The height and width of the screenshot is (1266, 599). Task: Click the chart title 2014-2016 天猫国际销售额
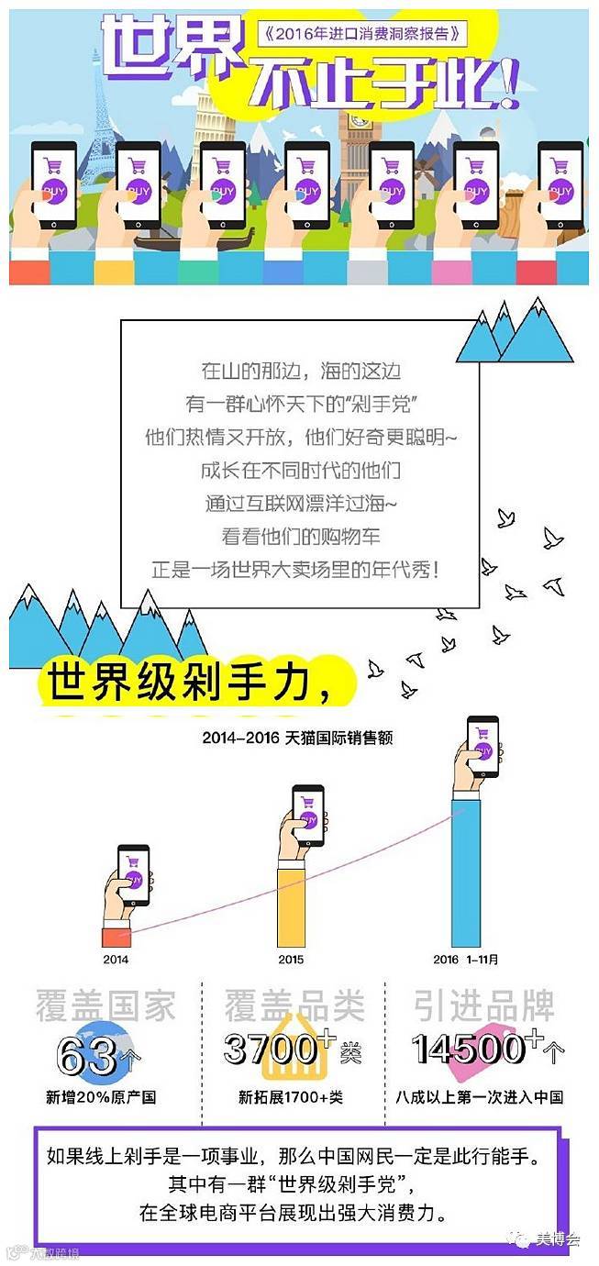coord(298,737)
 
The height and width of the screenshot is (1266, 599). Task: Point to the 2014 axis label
coord(116,960)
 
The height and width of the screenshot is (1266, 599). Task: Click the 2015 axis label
coord(292,960)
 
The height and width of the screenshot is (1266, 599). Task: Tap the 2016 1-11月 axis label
coord(465,960)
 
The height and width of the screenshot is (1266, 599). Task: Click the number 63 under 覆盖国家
coord(88,1055)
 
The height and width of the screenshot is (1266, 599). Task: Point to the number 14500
coord(468,1049)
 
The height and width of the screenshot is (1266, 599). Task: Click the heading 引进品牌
coord(483,1006)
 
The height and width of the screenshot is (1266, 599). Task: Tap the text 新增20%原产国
coord(101,1096)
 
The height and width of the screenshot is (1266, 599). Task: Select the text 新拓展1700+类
coord(292,1096)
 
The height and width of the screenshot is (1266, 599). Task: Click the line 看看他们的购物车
coord(301,536)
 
